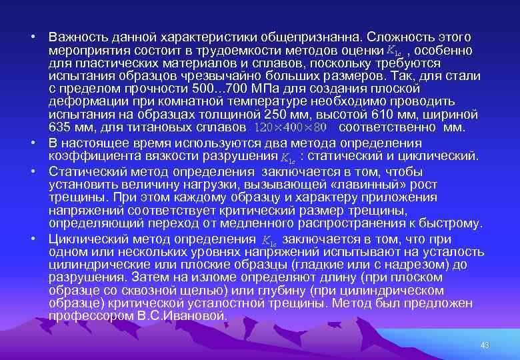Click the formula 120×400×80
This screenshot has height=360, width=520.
click(x=292, y=127)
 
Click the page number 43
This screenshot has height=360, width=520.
click(x=485, y=345)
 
